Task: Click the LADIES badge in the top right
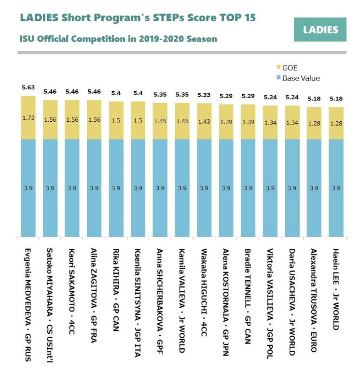[x=320, y=29]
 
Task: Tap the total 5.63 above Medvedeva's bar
[x=28, y=87]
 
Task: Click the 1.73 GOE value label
[x=28, y=118]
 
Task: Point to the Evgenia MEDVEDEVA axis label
[x=28, y=299]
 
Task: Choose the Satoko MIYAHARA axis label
[x=50, y=299]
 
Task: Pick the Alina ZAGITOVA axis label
[x=94, y=296]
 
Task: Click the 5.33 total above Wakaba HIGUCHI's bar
[x=204, y=95]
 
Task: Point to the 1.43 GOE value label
[x=204, y=121]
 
